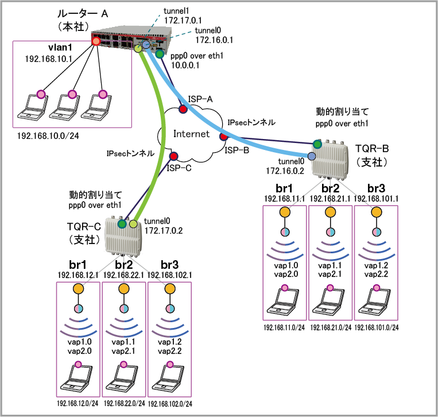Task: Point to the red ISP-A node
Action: pos(183,109)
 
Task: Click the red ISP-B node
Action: pos(224,137)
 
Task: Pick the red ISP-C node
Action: pos(173,156)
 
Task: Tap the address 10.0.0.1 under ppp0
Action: pos(185,65)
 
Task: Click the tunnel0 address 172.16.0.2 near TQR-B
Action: pos(285,171)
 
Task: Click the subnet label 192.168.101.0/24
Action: pos(377,327)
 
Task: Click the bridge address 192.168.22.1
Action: pos(123,275)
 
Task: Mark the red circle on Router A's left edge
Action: pos(96,41)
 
